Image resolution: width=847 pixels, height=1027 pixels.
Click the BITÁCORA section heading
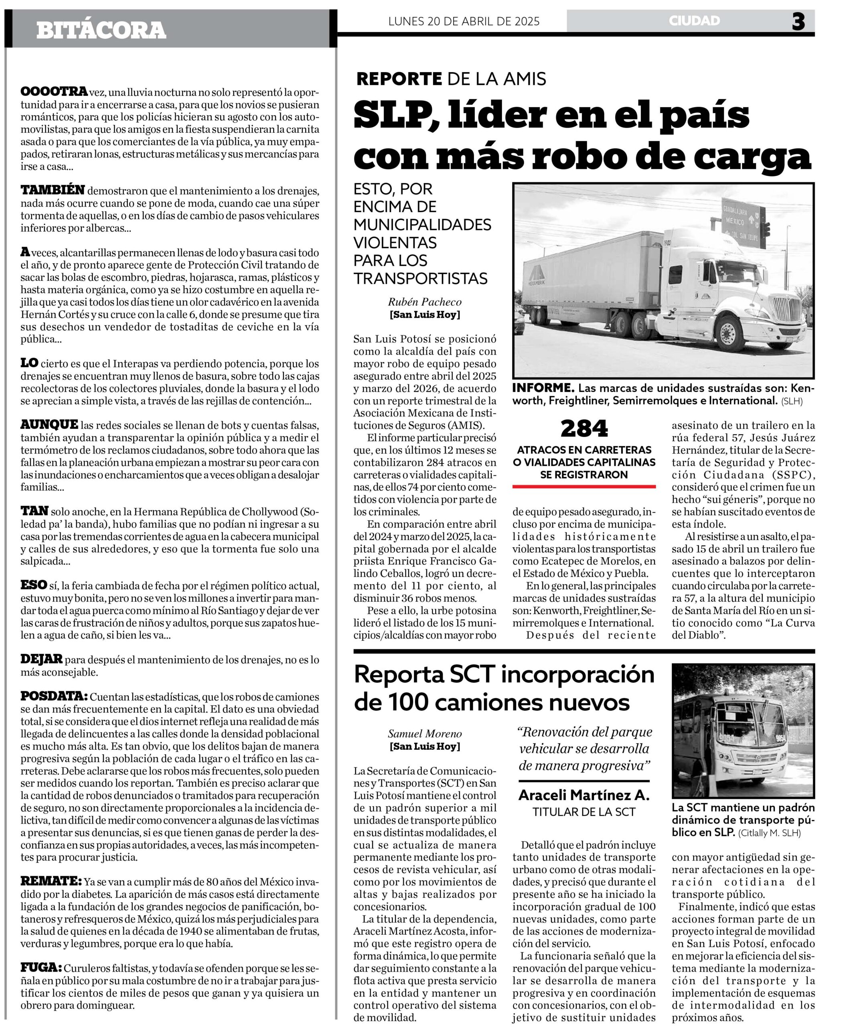[101, 30]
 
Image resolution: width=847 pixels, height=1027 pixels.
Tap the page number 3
[798, 22]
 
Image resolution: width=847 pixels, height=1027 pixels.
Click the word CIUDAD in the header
[694, 20]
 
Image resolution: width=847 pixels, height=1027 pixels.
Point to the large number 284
[584, 428]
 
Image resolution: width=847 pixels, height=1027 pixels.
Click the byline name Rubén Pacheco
[424, 302]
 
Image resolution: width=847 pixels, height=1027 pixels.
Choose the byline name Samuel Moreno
[424, 734]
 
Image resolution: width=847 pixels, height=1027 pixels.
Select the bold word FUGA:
[41, 968]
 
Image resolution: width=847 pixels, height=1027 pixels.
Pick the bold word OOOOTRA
[54, 92]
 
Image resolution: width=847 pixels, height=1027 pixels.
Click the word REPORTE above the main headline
[399, 79]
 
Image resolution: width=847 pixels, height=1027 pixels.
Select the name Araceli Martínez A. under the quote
[584, 796]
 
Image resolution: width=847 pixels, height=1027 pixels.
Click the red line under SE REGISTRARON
[584, 487]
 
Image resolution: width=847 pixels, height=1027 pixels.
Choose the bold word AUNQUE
[49, 425]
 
